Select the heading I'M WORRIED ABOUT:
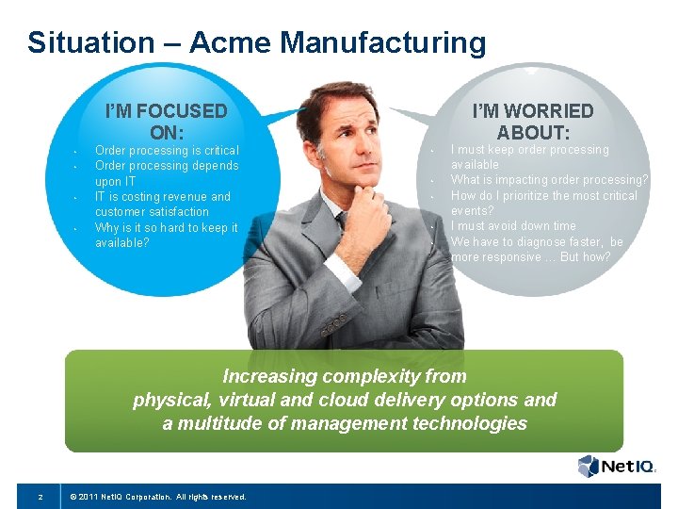[532, 122]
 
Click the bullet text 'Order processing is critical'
[167, 151]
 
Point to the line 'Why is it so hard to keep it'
[167, 228]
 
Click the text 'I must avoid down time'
[513, 226]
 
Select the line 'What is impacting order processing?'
[549, 180]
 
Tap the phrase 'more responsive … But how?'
[530, 257]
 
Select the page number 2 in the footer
[40, 496]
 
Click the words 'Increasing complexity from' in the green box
[344, 376]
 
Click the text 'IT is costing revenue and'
[162, 197]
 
